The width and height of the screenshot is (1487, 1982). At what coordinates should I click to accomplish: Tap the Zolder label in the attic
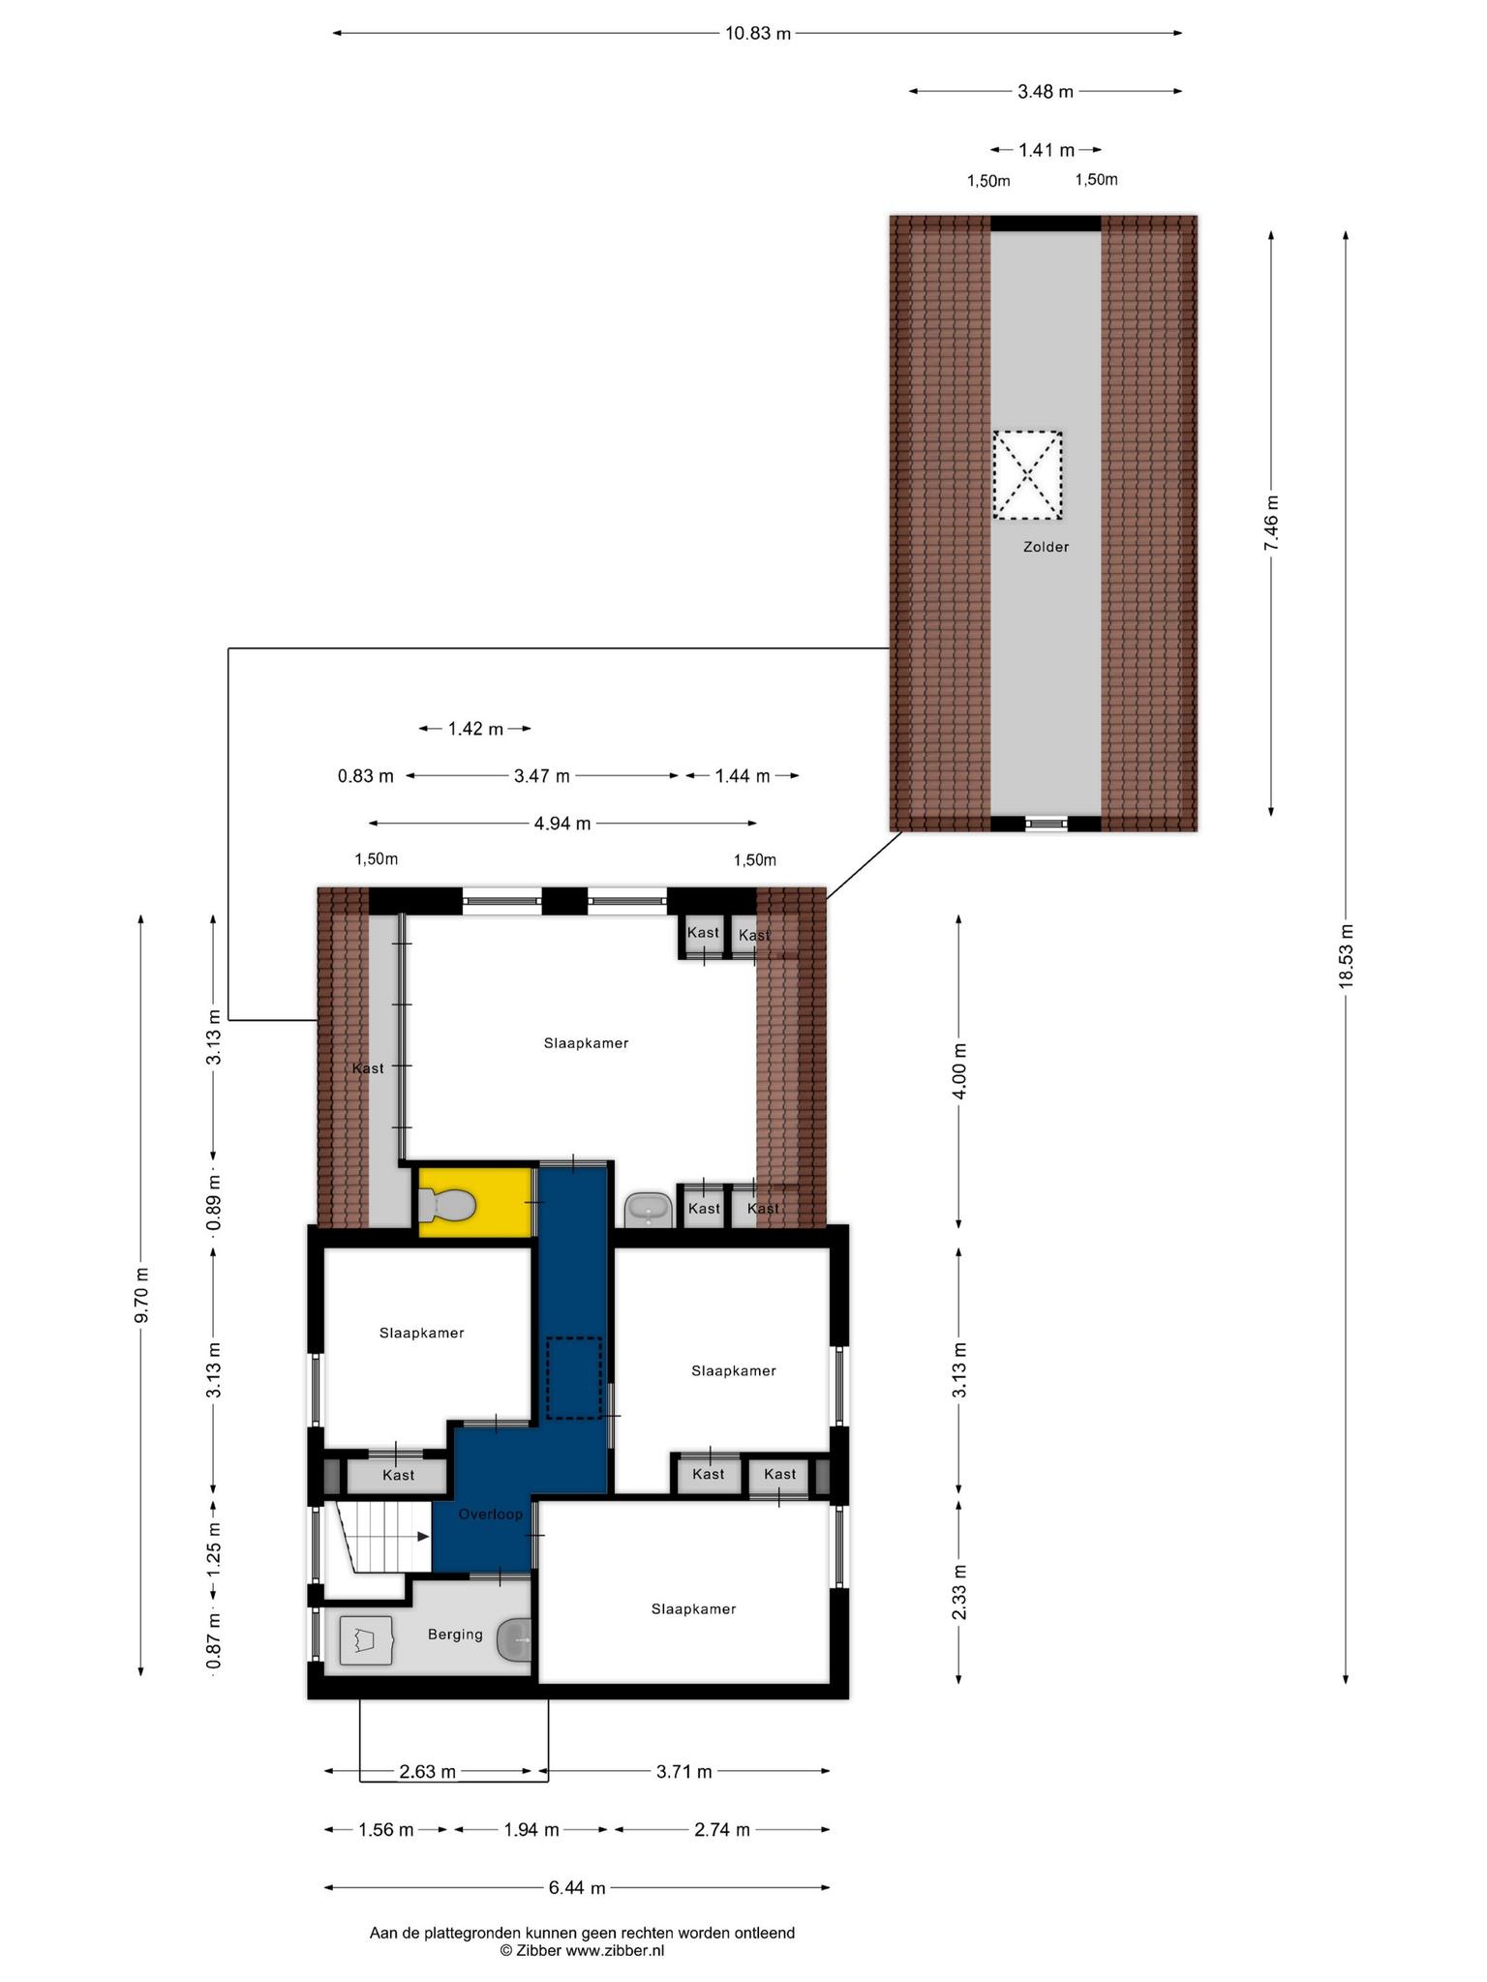(x=1046, y=547)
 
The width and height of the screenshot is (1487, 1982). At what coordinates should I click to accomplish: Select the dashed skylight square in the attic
(x=1027, y=475)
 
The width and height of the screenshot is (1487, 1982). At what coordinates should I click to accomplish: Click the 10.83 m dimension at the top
(x=758, y=34)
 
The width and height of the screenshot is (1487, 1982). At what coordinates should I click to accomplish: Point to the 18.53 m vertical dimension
(x=1346, y=956)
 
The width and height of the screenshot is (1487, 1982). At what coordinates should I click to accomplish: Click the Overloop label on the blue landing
(x=491, y=1515)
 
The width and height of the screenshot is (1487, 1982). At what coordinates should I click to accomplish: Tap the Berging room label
(x=455, y=1635)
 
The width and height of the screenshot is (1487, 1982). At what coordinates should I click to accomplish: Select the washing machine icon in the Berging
(x=366, y=1640)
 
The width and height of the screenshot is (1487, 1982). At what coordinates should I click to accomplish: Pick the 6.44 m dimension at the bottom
(x=577, y=1887)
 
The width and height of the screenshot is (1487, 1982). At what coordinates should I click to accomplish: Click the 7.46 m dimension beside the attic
(x=1271, y=523)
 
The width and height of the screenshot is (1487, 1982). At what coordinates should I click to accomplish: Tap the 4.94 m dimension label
(x=562, y=824)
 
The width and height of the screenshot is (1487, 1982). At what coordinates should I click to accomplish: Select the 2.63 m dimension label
(x=427, y=1772)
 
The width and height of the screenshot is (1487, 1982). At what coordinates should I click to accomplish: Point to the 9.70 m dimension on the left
(x=141, y=1295)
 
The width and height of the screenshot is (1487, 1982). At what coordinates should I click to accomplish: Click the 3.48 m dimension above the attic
(x=1046, y=92)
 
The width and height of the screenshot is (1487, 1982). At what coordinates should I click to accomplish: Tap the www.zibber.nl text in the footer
(x=615, y=1951)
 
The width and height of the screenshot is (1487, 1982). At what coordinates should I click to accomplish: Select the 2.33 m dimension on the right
(x=958, y=1592)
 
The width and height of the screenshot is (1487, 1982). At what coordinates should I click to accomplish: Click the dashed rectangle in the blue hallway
(x=574, y=1378)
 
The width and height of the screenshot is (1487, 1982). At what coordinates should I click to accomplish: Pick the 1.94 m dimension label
(x=531, y=1830)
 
